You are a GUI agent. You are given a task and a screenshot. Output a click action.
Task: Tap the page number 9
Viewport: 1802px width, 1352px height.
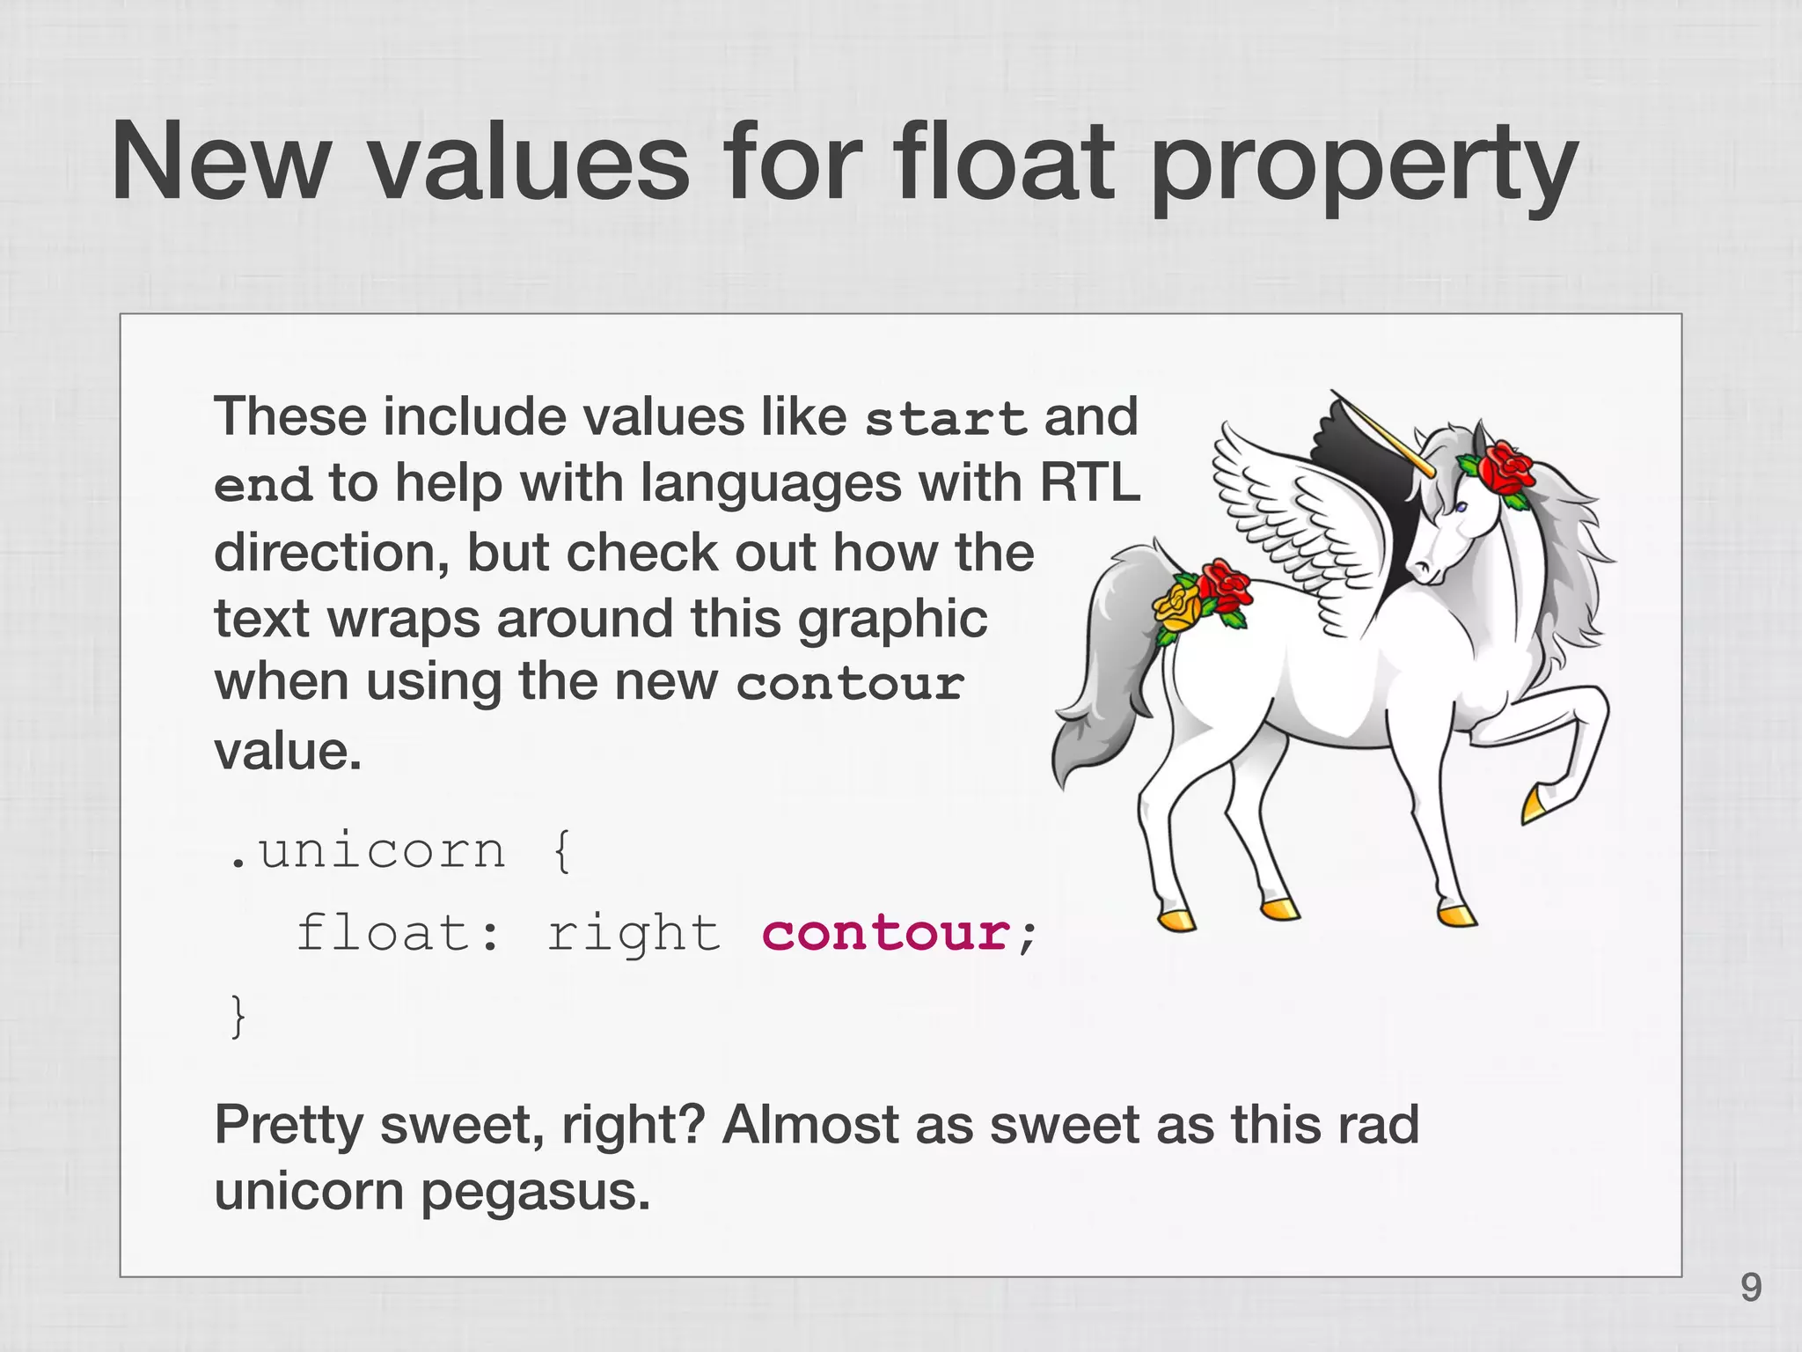pyautogui.click(x=1751, y=1288)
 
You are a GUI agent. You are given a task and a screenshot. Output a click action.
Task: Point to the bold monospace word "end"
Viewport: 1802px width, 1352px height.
pyautogui.click(x=263, y=485)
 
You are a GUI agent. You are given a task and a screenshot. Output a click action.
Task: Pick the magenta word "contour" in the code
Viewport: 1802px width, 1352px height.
pyautogui.click(x=886, y=933)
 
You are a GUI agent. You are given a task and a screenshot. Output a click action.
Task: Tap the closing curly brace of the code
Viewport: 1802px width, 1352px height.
pyautogui.click(x=237, y=1017)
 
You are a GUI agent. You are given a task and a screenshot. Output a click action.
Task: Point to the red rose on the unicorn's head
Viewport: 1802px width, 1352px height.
pyautogui.click(x=1506, y=468)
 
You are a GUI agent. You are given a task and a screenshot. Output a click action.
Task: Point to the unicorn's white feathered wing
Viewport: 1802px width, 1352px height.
pyautogui.click(x=1293, y=519)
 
